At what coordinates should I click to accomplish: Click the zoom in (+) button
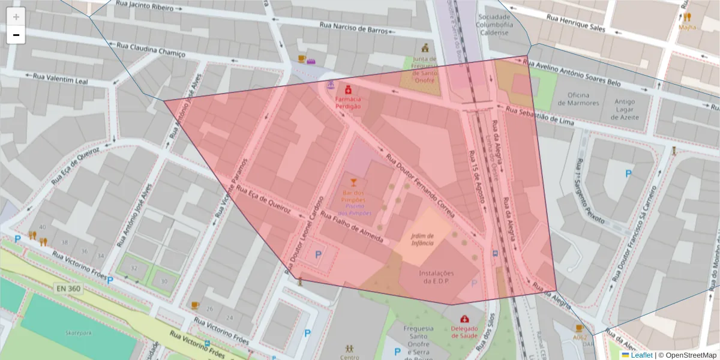click(16, 17)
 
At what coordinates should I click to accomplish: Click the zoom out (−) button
click(16, 35)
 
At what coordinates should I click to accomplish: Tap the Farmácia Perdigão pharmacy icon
click(348, 89)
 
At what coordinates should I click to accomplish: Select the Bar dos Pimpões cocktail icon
click(353, 182)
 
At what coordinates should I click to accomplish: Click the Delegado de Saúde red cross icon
click(464, 319)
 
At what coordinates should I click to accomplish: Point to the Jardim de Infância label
click(422, 239)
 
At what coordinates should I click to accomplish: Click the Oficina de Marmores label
click(578, 99)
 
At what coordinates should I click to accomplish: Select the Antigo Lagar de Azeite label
click(624, 109)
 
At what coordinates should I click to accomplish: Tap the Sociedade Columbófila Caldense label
click(494, 25)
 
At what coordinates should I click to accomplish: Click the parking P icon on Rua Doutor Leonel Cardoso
click(318, 254)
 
